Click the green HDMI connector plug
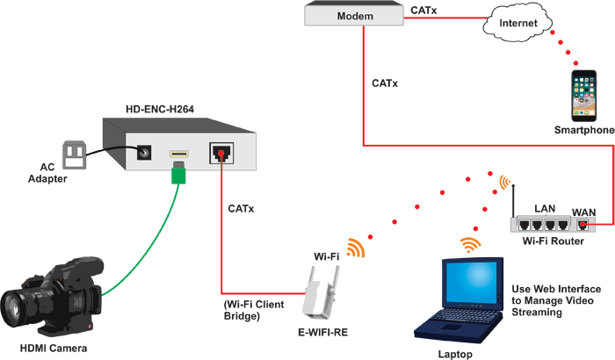click(178, 175)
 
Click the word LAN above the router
click(546, 208)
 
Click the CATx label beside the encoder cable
click(242, 209)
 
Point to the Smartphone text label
click(583, 131)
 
